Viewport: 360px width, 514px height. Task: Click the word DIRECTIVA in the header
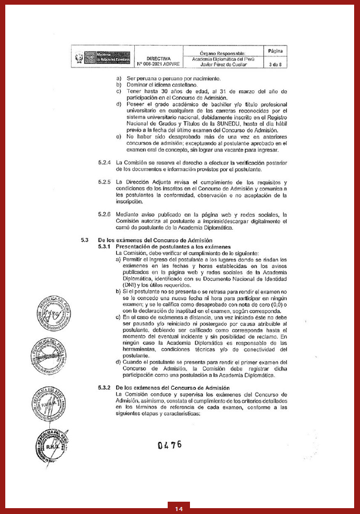(158, 59)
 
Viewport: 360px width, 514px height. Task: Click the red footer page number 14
(179, 508)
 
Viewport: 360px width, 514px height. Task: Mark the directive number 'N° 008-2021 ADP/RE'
(158, 64)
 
